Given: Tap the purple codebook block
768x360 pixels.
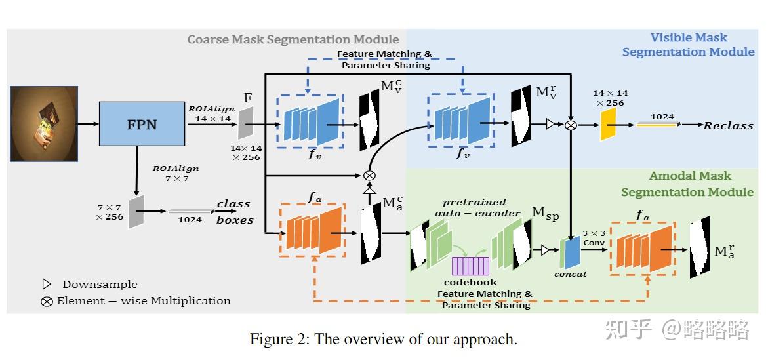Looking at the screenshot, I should pyautogui.click(x=470, y=266).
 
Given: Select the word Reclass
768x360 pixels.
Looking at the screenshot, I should pyautogui.click(x=728, y=125).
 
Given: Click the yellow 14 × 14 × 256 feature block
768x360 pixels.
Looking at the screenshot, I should pyautogui.click(x=608, y=124).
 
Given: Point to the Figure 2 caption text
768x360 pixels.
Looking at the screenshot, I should pyautogui.click(x=384, y=339).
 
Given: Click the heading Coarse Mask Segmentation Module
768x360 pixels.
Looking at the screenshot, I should pyautogui.click(x=293, y=39).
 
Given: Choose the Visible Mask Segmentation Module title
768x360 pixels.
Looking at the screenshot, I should pyautogui.click(x=689, y=45).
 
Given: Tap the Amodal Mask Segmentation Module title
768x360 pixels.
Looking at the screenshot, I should pyautogui.click(x=687, y=184).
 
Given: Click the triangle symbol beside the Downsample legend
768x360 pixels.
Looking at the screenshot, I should pyautogui.click(x=47, y=284).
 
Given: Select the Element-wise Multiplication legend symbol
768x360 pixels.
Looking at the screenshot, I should pyautogui.click(x=47, y=301).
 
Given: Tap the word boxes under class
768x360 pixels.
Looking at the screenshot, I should pyautogui.click(x=235, y=220).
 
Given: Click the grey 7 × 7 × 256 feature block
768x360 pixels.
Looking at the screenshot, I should pyautogui.click(x=136, y=211).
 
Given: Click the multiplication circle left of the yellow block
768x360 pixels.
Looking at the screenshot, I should pyautogui.click(x=572, y=124).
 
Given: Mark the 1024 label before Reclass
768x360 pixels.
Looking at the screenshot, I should pyautogui.click(x=662, y=117).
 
